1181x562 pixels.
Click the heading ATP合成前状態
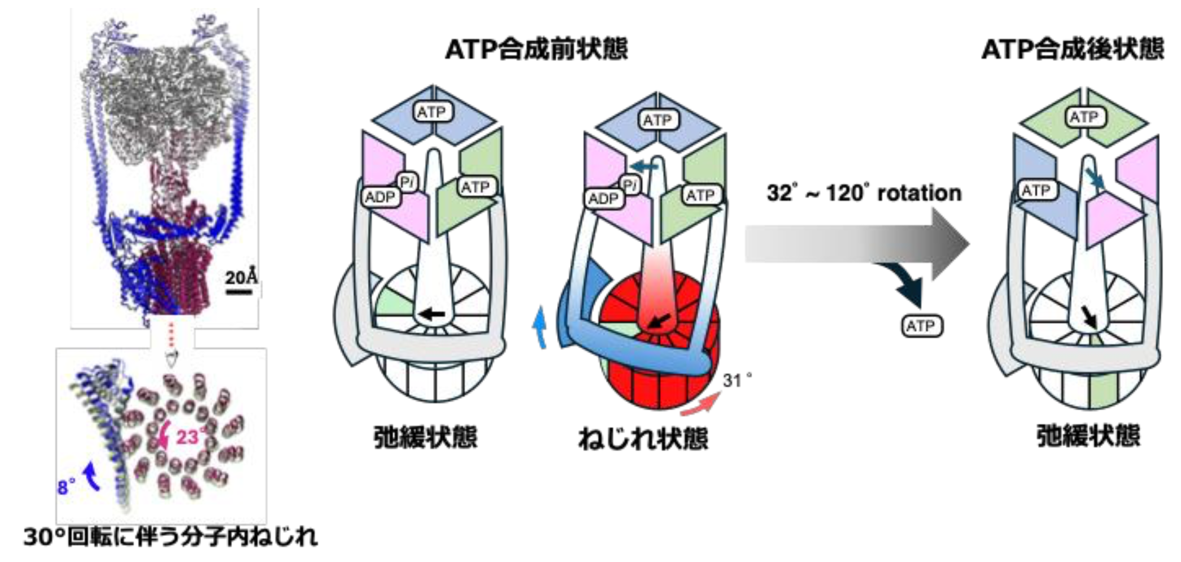pyautogui.click(x=536, y=50)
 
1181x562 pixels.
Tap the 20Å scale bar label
pyautogui.click(x=241, y=278)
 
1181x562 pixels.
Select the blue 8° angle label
pyautogui.click(x=66, y=486)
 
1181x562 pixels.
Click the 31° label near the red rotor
pyautogui.click(x=737, y=380)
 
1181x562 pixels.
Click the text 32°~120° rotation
pyautogui.click(x=864, y=193)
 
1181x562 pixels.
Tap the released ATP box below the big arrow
pyautogui.click(x=921, y=326)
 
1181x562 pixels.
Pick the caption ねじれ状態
pyautogui.click(x=643, y=439)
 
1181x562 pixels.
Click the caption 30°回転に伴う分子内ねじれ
pyautogui.click(x=170, y=537)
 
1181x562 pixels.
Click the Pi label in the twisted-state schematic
pyautogui.click(x=630, y=185)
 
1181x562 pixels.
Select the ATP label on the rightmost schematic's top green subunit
pyautogui.click(x=1084, y=117)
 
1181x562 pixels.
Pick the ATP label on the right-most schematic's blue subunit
pyautogui.click(x=1036, y=190)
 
